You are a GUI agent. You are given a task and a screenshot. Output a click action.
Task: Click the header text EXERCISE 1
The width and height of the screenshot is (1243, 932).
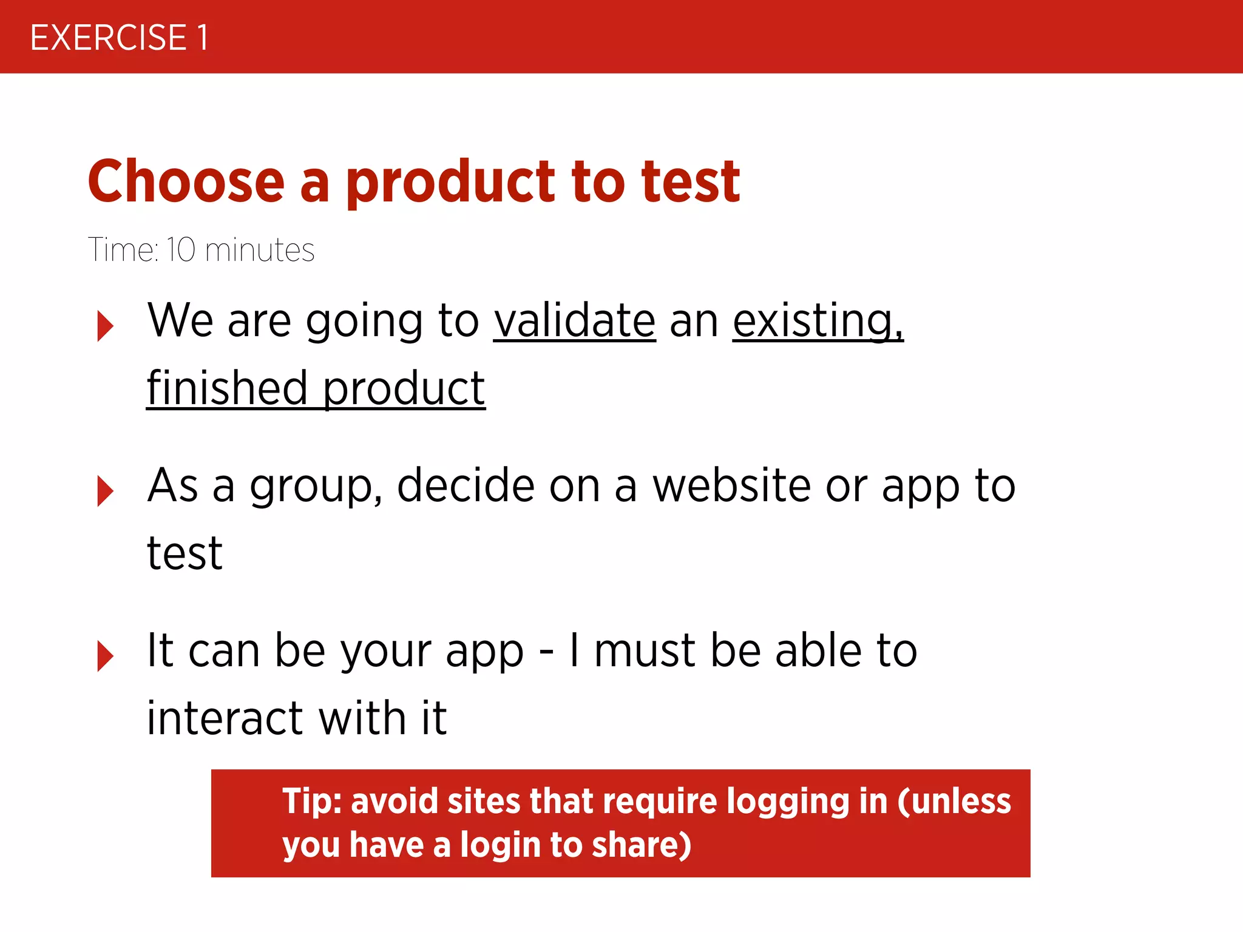tap(120, 38)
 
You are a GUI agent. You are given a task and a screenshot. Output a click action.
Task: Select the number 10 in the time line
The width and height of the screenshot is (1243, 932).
tap(181, 250)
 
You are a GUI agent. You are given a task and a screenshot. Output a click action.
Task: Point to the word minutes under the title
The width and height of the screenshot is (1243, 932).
tap(260, 250)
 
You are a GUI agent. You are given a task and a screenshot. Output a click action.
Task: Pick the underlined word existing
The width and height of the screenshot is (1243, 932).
tap(818, 322)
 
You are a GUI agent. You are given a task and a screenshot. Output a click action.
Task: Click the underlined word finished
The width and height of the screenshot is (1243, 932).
tap(227, 388)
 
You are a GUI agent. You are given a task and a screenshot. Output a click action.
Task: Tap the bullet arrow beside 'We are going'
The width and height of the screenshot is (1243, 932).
tap(105, 326)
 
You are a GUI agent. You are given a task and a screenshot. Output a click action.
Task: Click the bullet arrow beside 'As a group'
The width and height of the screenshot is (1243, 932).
tap(105, 491)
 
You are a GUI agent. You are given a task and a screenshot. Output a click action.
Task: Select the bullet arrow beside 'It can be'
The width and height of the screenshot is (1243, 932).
tap(105, 656)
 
